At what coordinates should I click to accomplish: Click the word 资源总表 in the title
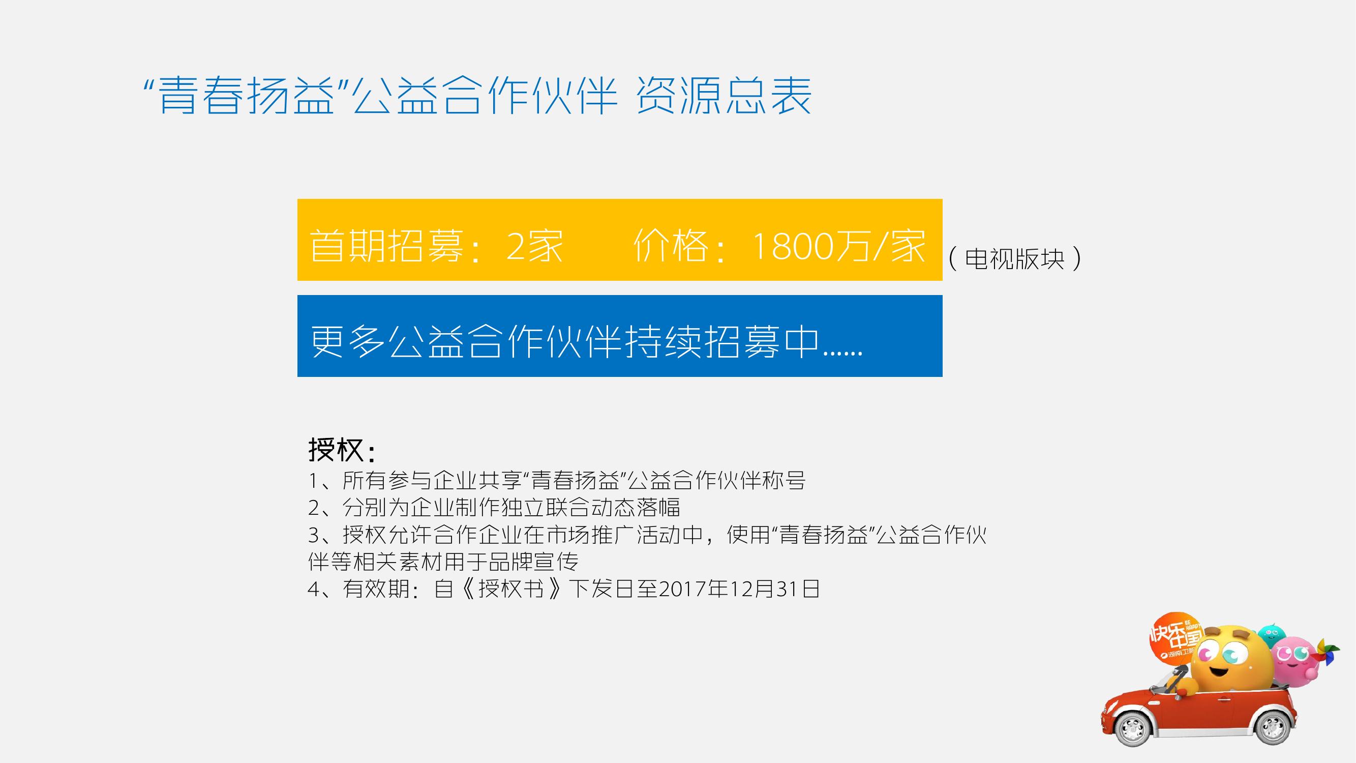(x=724, y=95)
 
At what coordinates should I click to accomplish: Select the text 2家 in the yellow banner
(x=534, y=245)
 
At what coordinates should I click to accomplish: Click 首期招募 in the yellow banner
(x=387, y=245)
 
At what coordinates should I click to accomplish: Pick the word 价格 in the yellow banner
(x=671, y=245)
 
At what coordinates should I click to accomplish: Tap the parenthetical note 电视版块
(x=1015, y=258)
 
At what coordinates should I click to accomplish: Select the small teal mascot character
(x=1271, y=635)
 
